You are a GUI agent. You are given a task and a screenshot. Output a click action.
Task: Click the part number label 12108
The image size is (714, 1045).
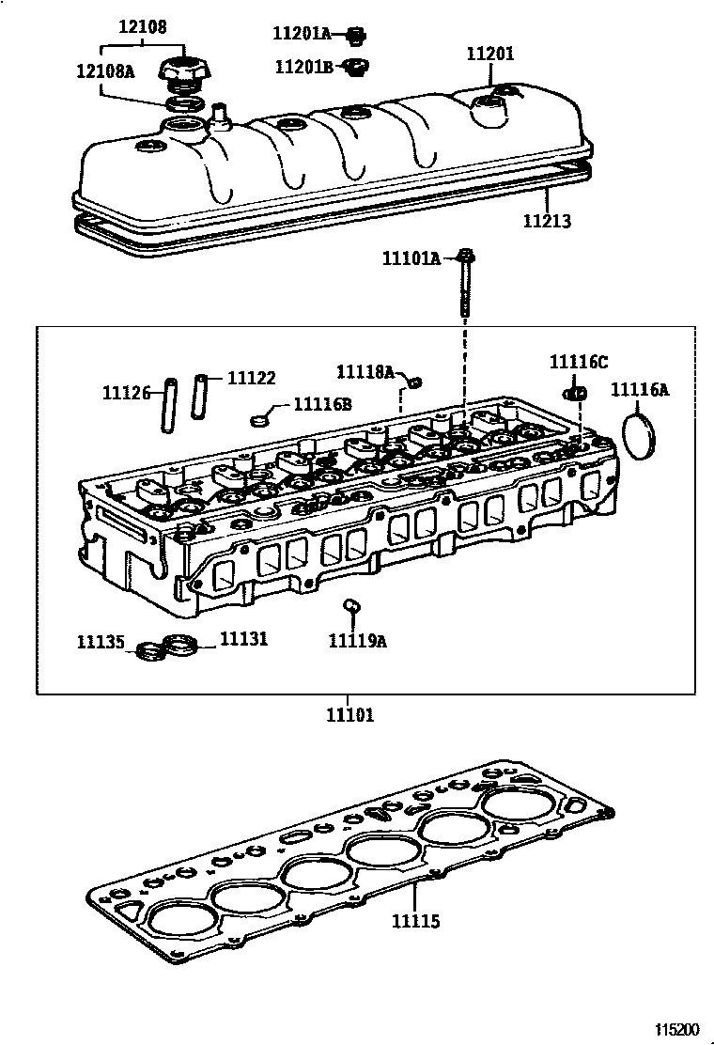(x=143, y=27)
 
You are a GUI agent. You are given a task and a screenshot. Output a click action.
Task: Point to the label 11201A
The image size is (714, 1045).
(x=302, y=34)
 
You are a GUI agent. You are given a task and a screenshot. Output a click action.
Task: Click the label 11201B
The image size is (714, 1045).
(x=303, y=67)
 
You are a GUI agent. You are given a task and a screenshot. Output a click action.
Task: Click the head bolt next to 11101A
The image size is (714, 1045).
(x=467, y=287)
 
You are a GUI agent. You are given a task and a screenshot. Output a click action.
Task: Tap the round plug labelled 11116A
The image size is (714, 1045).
(x=642, y=435)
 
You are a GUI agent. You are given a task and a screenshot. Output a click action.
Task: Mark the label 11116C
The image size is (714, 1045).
(x=579, y=363)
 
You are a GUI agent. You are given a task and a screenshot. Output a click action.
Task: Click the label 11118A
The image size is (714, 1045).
(x=365, y=372)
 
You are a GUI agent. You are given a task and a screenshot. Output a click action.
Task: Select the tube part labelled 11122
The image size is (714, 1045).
(x=201, y=398)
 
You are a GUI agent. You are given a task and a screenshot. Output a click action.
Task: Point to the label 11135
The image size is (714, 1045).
(x=101, y=643)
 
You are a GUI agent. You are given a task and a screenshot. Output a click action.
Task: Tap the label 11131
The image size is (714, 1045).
(x=243, y=639)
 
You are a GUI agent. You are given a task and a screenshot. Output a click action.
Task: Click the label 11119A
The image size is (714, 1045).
(x=357, y=641)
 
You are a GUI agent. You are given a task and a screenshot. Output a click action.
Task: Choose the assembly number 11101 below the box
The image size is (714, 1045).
(x=349, y=715)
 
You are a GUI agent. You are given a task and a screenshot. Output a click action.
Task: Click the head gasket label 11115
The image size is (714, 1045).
(x=416, y=922)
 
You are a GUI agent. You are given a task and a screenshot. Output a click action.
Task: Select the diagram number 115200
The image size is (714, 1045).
(x=678, y=1029)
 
